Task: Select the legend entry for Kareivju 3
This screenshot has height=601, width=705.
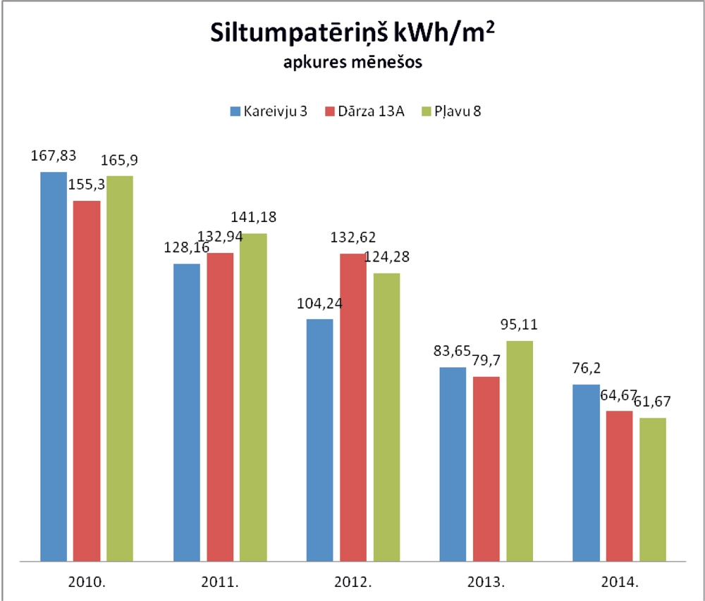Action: coord(269,111)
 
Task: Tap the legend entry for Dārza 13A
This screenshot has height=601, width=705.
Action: coord(364,111)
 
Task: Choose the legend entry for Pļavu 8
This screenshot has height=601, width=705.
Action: coord(450,111)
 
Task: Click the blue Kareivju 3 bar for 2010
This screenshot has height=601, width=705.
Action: coord(54,366)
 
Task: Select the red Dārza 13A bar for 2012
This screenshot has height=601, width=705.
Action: coord(353,407)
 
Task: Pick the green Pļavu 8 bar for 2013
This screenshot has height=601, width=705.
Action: coord(520,451)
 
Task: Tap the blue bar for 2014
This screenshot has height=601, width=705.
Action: coord(586,473)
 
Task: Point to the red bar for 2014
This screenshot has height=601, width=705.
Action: coord(619,486)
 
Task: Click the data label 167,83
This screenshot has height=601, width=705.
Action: coord(54,155)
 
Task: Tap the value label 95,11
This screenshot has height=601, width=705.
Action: coord(520,326)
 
